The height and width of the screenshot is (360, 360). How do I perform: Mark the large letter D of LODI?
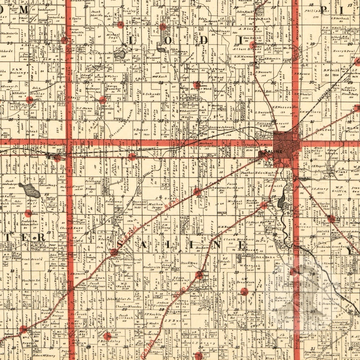(203, 40)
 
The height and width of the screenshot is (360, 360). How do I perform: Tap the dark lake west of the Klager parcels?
(29, 190)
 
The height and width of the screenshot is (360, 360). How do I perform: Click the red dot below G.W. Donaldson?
(244, 291)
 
